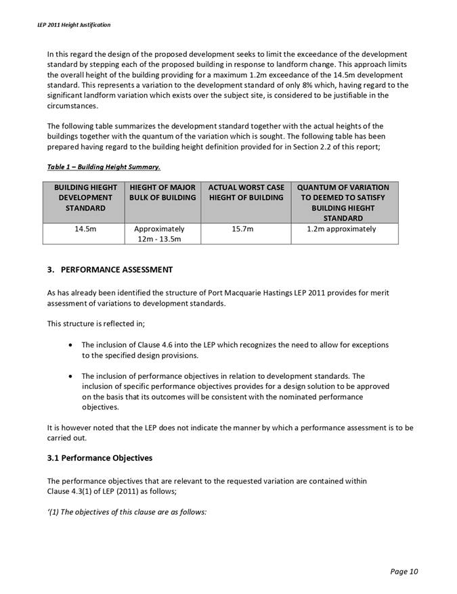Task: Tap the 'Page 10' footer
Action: [404, 572]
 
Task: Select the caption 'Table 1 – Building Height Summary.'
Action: [104, 166]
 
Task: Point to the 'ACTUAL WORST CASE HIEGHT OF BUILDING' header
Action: [245, 192]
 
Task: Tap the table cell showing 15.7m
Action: [245, 229]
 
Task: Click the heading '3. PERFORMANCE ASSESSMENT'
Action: [110, 270]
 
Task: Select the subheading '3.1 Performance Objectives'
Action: [100, 458]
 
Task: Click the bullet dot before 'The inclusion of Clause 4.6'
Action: [72, 345]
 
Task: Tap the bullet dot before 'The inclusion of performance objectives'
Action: [72, 376]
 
